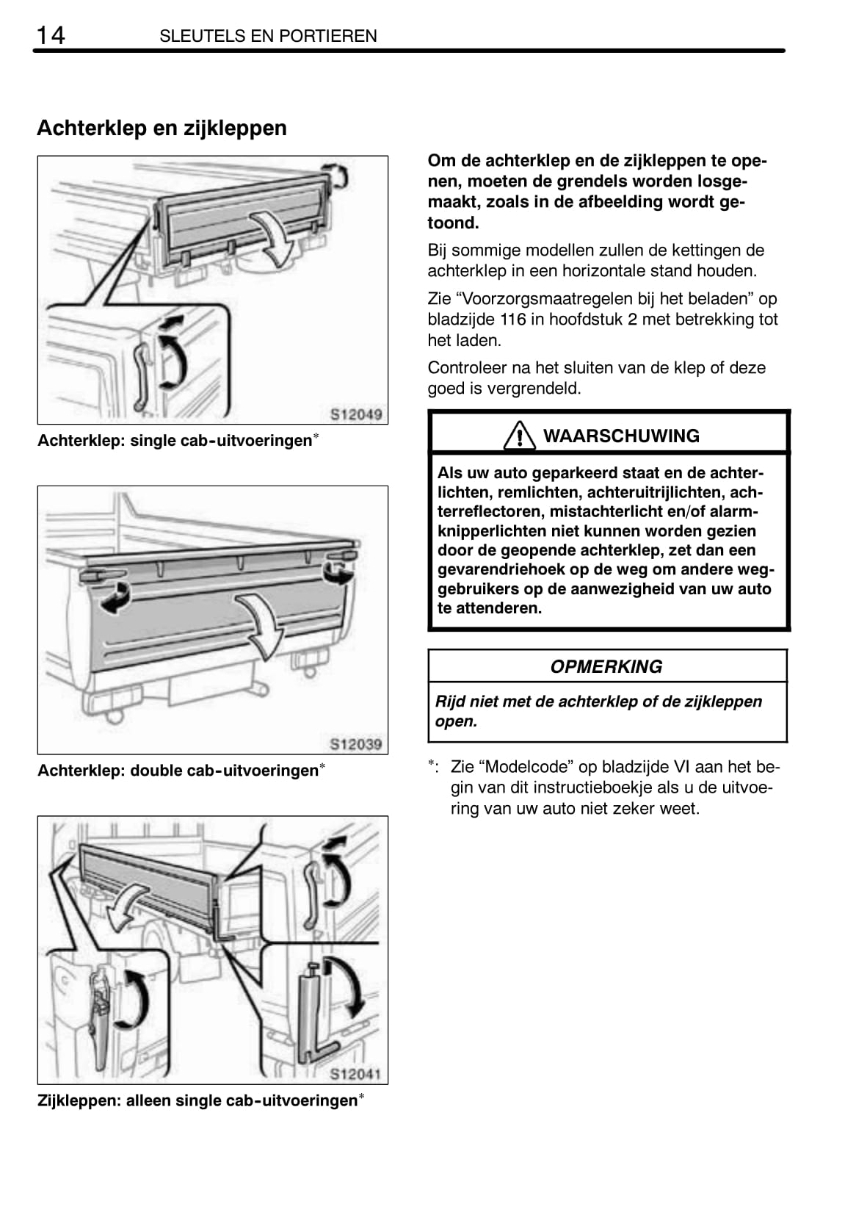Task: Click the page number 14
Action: coord(51,35)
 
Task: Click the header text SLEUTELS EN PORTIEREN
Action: coord(268,36)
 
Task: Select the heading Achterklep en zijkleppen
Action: coord(162,129)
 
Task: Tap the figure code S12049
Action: coord(356,414)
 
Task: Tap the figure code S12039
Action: coord(356,744)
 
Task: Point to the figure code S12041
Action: coord(356,1075)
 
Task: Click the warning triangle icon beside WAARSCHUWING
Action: coord(519,436)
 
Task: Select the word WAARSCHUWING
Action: coord(621,436)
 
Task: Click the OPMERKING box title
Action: coord(606,667)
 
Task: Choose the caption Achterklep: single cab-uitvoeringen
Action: coord(175,441)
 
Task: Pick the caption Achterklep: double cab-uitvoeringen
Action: coord(178,771)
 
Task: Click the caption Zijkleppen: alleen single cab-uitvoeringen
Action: coord(197,1101)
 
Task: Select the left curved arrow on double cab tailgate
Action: coord(115,596)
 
